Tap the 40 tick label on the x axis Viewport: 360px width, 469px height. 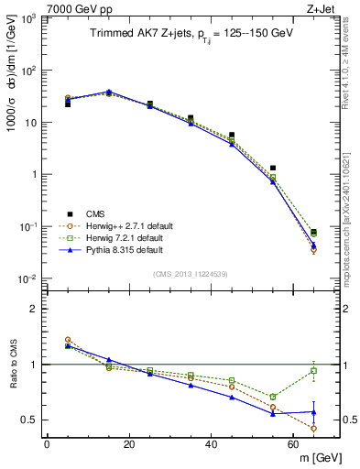coord(212,444)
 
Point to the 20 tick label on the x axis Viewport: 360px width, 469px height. coord(129,444)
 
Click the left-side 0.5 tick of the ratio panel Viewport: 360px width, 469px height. coord(32,420)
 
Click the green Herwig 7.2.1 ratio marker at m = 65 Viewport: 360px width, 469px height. coord(314,370)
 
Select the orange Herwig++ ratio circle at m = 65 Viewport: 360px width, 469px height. coord(314,428)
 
